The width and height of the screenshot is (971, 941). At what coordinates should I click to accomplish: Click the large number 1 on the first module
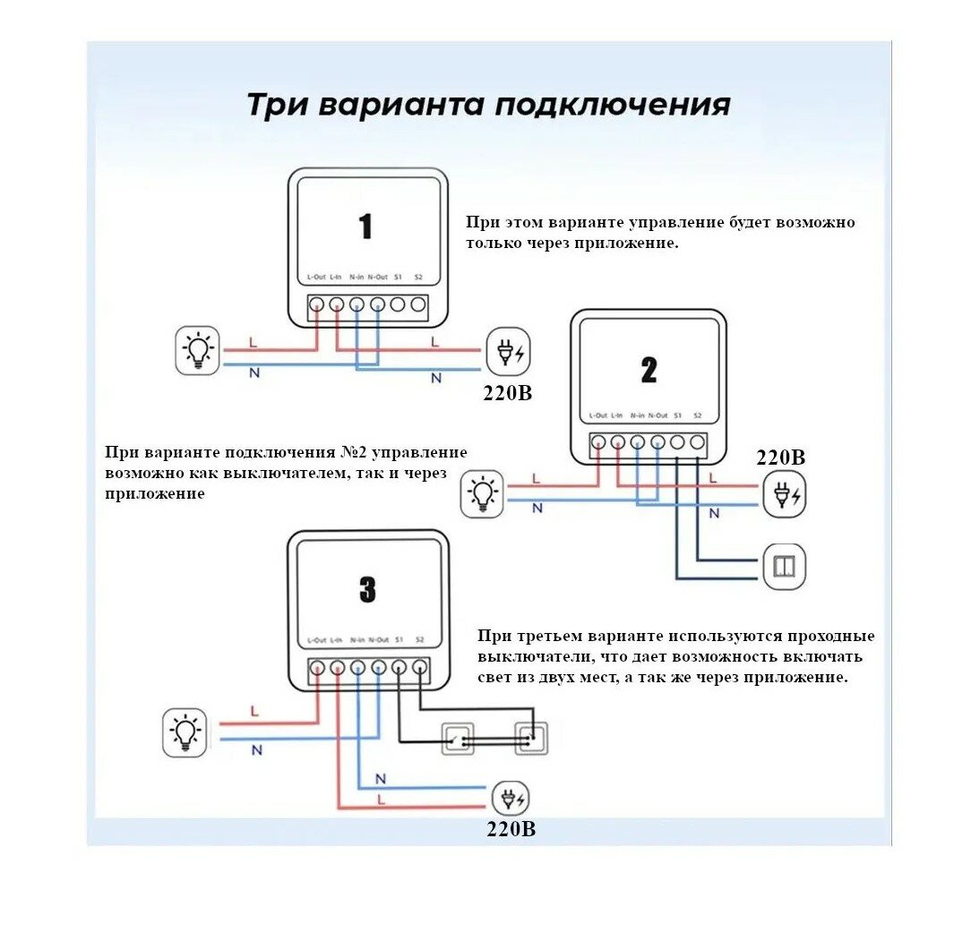(x=365, y=226)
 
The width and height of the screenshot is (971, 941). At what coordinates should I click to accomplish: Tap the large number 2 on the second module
(x=649, y=369)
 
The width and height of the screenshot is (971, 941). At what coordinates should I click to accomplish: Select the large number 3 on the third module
(x=367, y=589)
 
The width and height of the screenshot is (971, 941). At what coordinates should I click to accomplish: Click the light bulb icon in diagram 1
(x=197, y=350)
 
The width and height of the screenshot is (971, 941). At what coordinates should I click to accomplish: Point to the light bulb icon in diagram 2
(x=483, y=494)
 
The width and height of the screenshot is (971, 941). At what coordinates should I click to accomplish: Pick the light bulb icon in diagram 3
(x=185, y=732)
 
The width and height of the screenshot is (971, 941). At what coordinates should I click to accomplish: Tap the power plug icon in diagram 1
(x=508, y=352)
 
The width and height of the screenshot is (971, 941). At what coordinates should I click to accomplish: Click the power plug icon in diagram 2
(x=784, y=494)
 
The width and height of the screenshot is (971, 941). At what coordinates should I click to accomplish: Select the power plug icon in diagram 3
(x=510, y=798)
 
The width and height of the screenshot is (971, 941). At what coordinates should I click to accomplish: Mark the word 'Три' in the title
(x=274, y=105)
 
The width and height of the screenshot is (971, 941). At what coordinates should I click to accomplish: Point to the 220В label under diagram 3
(x=511, y=829)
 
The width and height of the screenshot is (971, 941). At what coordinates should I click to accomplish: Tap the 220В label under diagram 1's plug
(x=508, y=392)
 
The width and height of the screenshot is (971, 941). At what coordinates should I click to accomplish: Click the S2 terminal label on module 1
(x=418, y=277)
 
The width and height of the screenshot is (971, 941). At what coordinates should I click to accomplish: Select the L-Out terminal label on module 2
(x=597, y=416)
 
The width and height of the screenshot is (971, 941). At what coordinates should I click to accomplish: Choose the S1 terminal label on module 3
(x=399, y=640)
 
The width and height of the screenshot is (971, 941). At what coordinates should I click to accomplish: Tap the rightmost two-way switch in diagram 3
(x=530, y=738)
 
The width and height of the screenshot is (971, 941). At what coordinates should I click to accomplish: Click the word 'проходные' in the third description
(x=831, y=637)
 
